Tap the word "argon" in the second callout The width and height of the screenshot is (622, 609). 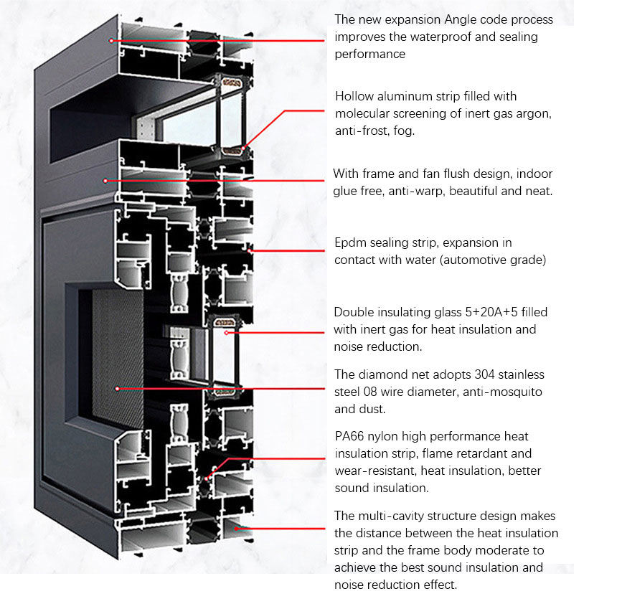[x=534, y=113]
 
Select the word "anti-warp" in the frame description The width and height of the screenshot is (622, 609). [x=418, y=192]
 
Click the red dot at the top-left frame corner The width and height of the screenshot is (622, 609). [x=111, y=41]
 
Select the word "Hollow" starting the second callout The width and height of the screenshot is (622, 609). [x=354, y=96]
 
